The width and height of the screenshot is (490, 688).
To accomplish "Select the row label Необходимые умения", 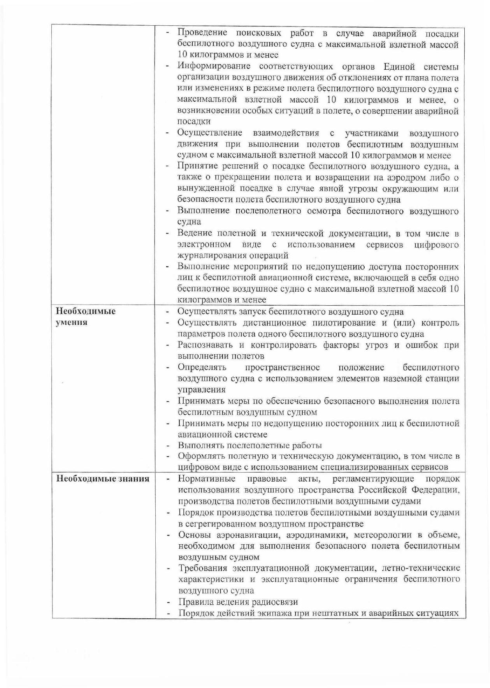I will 86,317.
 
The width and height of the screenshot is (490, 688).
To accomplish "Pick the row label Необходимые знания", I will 103,479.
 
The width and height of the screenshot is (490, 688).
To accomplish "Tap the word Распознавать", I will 205,345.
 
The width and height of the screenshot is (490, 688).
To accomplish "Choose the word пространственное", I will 282,368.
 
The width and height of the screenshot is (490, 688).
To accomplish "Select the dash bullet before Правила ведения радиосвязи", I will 169,602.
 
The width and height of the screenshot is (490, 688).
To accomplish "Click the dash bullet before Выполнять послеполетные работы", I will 169,445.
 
